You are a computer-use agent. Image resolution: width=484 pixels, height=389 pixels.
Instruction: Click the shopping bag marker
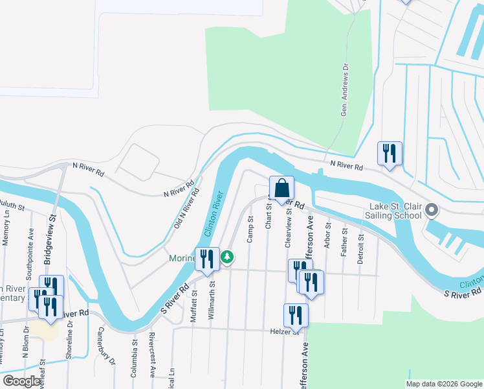tap(281, 189)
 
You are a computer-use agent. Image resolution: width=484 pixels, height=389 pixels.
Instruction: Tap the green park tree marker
tap(227, 257)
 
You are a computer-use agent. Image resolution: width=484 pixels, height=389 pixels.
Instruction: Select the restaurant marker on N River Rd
tap(390, 154)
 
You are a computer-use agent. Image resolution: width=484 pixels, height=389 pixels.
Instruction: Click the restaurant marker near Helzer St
tap(296, 316)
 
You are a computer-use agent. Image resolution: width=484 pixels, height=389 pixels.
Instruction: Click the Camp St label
tap(249, 230)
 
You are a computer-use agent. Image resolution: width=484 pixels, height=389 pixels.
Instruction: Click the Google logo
tap(21, 381)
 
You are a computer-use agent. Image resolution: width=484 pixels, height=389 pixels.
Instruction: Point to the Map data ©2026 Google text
tap(443, 384)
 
